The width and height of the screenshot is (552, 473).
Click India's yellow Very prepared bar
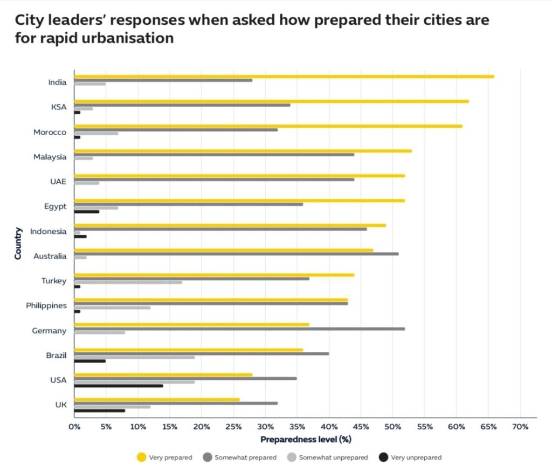pyautogui.click(x=284, y=76)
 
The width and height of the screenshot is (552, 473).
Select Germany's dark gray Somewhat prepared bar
pyautogui.click(x=239, y=329)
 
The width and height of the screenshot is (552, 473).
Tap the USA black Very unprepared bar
pyautogui.click(x=119, y=386)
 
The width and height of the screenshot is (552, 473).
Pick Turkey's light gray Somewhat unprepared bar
pyautogui.click(x=128, y=282)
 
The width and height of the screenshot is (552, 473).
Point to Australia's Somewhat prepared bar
pyautogui.click(x=236, y=254)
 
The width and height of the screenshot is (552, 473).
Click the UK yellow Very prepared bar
pyautogui.click(x=157, y=399)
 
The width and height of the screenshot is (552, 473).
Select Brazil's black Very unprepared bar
pyautogui.click(x=90, y=361)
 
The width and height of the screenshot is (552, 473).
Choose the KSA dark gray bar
pyautogui.click(x=182, y=105)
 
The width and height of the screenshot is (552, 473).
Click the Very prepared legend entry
pyautogui.click(x=165, y=457)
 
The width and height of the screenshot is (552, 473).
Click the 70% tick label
pyautogui.click(x=520, y=427)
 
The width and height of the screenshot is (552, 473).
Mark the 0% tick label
pyautogui.click(x=74, y=427)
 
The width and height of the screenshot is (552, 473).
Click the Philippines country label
pyautogui.click(x=46, y=305)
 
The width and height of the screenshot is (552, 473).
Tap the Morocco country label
pyautogui.click(x=50, y=132)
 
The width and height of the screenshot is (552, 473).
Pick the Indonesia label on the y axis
pyautogui.click(x=49, y=231)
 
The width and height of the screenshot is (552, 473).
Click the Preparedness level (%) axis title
pyautogui.click(x=306, y=440)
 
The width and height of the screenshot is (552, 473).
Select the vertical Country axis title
pyautogui.click(x=18, y=244)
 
